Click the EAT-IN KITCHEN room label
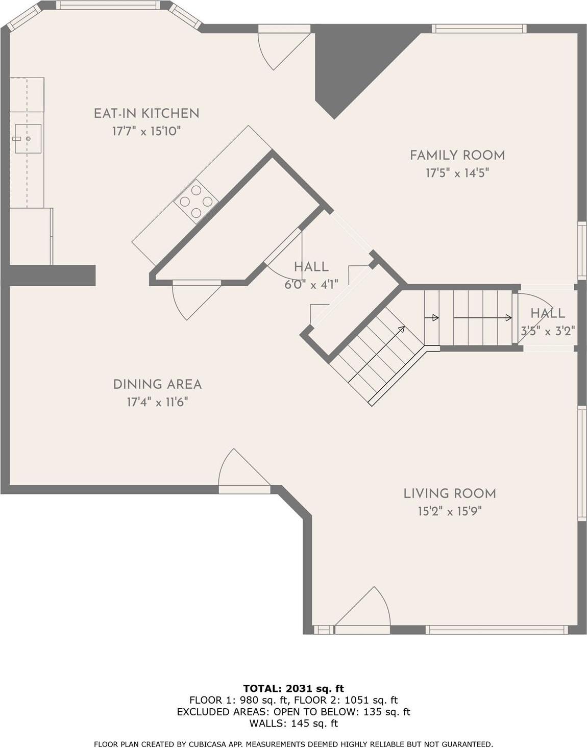click(146, 113)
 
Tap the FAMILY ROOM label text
click(457, 155)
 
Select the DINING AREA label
click(157, 384)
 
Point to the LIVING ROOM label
click(450, 493)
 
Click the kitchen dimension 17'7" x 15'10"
click(146, 132)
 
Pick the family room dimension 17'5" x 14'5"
click(457, 173)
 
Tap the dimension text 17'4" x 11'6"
click(157, 403)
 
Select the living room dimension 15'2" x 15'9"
click(450, 511)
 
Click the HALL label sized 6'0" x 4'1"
click(311, 267)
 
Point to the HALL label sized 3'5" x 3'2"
click(547, 313)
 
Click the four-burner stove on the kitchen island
click(196, 201)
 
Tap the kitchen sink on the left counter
click(27, 138)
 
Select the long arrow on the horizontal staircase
click(482, 318)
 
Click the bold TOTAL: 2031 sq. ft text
click(293, 689)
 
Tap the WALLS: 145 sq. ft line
click(293, 723)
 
